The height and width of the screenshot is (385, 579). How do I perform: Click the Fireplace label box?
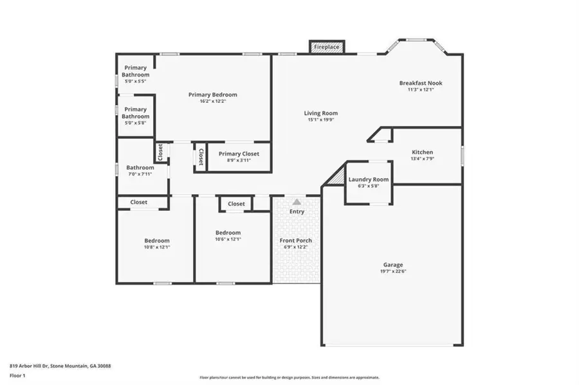point(327,48)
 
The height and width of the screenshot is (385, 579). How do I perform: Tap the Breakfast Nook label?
point(420,83)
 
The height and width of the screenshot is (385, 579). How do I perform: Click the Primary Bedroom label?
point(212,95)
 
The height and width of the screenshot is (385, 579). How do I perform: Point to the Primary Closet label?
point(238,154)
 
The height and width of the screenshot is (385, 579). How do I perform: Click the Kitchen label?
point(422,152)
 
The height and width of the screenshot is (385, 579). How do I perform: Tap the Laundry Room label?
point(369,179)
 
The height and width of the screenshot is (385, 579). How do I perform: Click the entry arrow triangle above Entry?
point(297,202)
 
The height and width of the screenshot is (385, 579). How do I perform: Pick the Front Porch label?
point(296,240)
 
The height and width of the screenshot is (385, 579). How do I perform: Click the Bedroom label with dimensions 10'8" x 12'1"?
point(156,240)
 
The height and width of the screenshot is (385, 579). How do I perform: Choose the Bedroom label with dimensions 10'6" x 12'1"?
point(228,233)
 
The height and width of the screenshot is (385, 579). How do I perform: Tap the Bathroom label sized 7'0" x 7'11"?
point(140,168)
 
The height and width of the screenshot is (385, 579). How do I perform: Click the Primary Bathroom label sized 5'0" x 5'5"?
point(136,71)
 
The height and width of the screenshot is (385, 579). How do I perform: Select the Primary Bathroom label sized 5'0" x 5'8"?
point(136,112)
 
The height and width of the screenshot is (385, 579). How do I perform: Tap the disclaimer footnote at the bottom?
point(289,378)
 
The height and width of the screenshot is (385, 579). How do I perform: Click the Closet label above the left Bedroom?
point(138,202)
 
